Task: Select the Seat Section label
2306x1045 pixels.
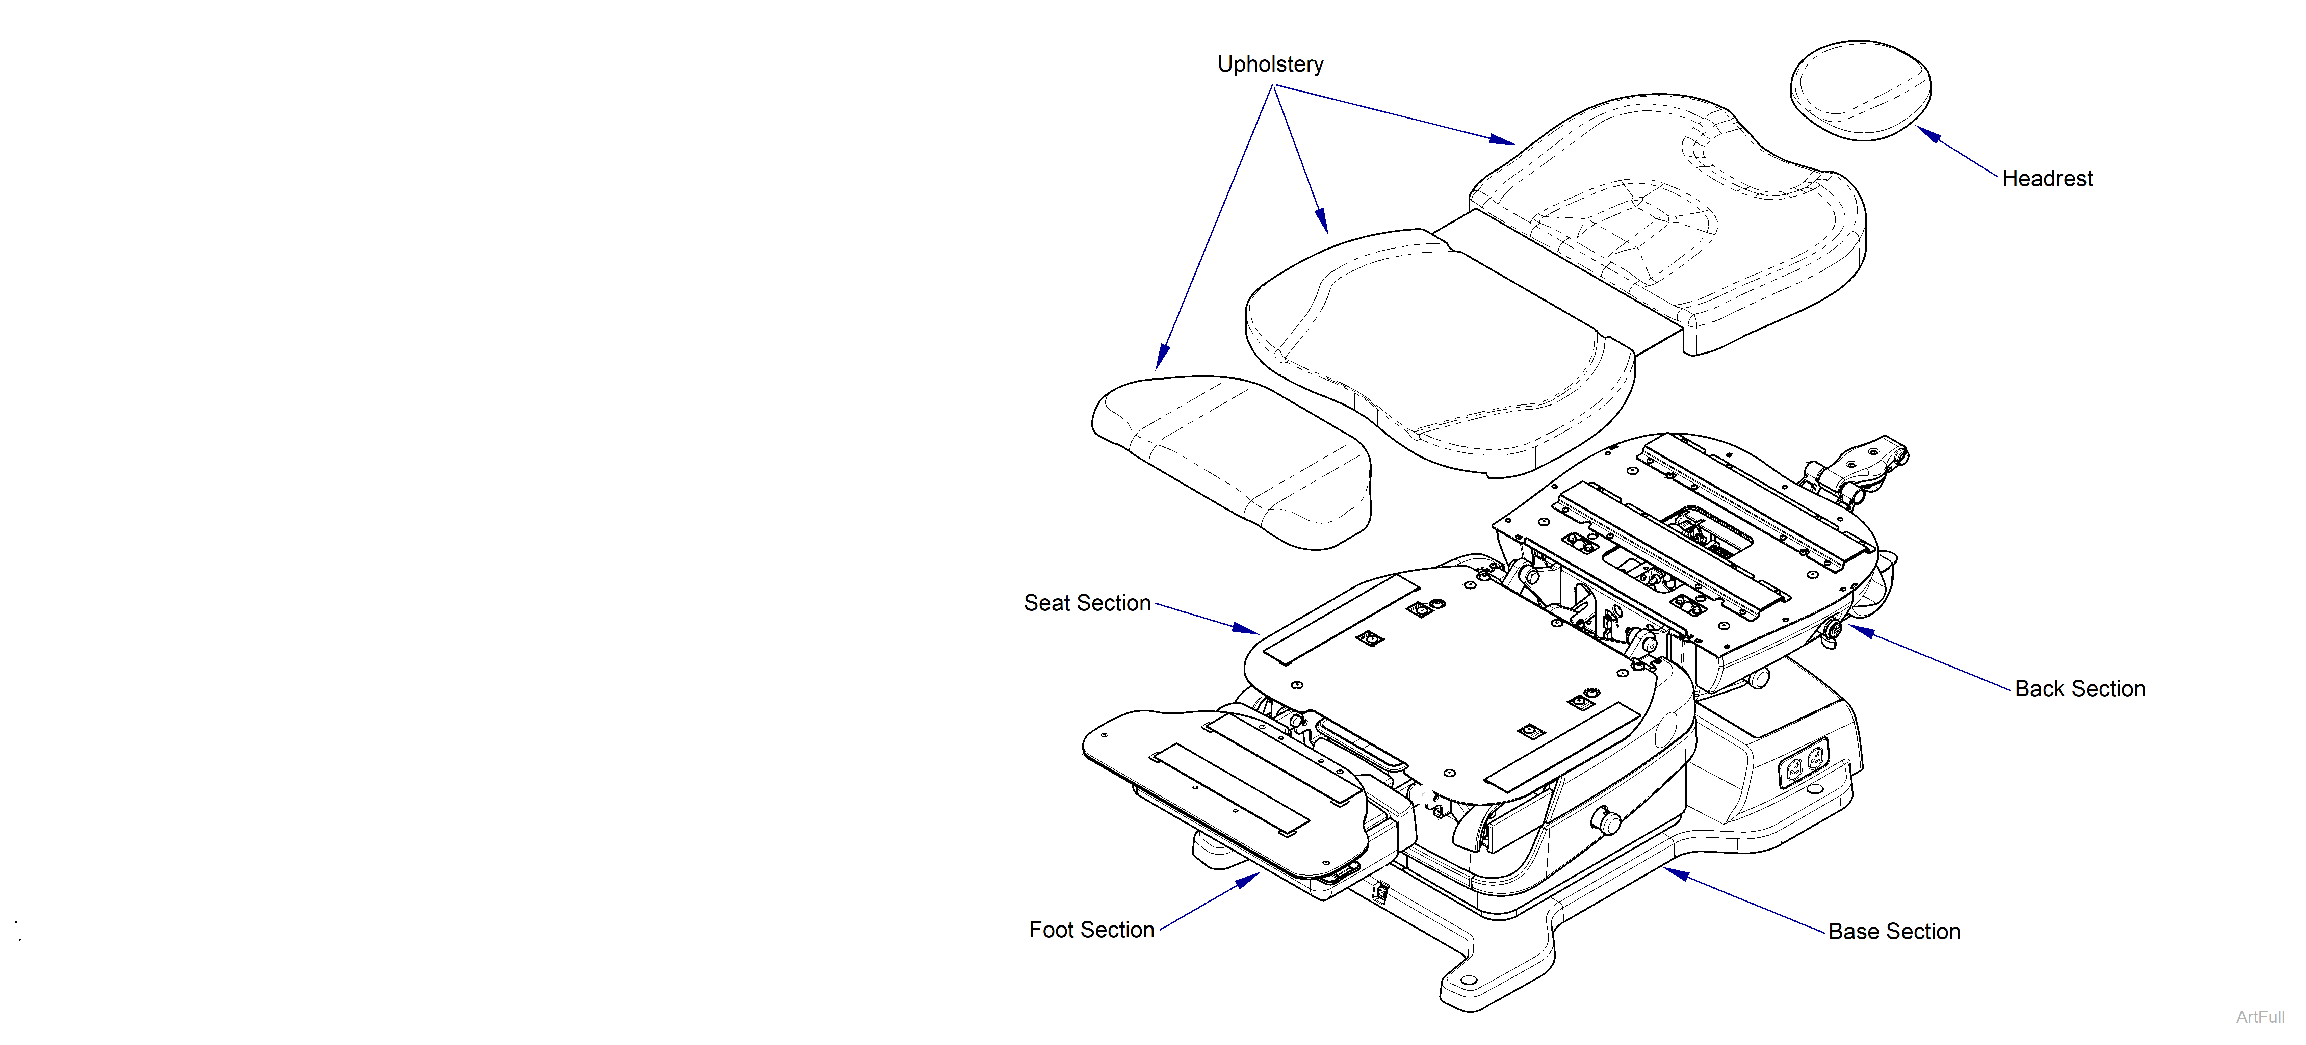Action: tap(1087, 604)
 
